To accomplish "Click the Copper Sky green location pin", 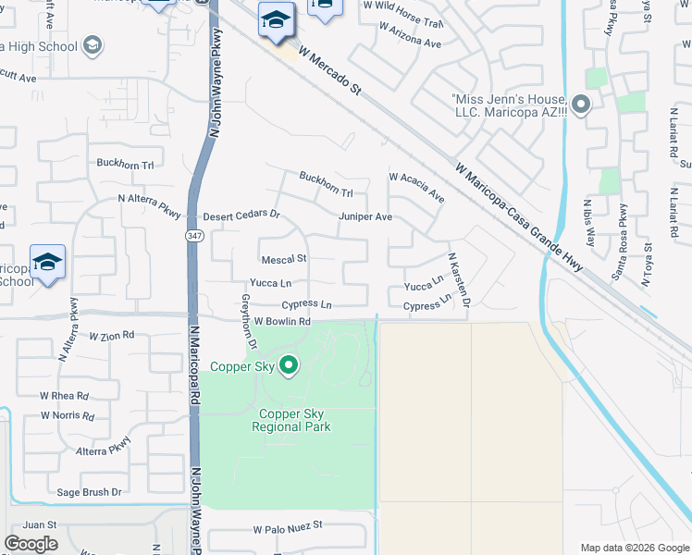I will pyautogui.click(x=289, y=366).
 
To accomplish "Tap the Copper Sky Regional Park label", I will pyautogui.click(x=290, y=421).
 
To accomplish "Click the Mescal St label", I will pyautogui.click(x=283, y=260).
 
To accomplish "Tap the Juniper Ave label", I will pyautogui.click(x=365, y=216).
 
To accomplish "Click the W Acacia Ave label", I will pyautogui.click(x=416, y=187).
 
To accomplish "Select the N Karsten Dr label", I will pyautogui.click(x=460, y=280).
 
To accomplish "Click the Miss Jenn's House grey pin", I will pyautogui.click(x=581, y=105).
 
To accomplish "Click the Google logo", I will pyautogui.click(x=31, y=543).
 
